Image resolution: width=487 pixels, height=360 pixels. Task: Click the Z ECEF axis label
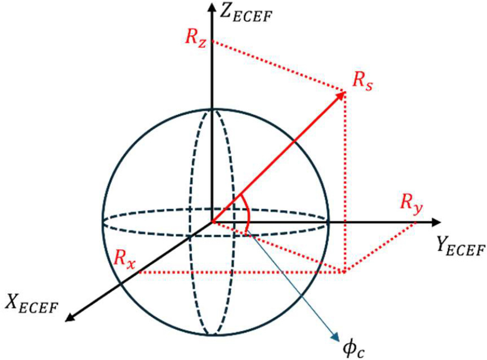click(x=245, y=13)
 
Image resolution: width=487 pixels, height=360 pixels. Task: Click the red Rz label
click(x=196, y=38)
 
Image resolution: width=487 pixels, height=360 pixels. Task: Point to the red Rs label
click(x=363, y=82)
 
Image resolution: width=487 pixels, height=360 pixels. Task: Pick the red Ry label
click(x=411, y=204)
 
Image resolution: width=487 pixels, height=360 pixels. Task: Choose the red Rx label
click(x=124, y=259)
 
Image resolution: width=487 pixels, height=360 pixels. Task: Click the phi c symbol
click(x=353, y=348)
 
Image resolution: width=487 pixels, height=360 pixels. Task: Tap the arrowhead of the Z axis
click(x=212, y=8)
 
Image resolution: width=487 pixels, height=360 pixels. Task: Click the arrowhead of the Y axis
click(x=436, y=222)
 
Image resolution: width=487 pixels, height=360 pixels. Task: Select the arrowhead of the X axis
click(x=71, y=317)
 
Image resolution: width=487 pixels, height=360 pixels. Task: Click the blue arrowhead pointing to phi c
click(x=336, y=338)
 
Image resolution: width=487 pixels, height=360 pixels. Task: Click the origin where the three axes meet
click(x=212, y=222)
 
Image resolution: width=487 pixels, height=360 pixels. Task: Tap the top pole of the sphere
click(x=212, y=109)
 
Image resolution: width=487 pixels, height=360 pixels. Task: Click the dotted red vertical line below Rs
click(x=344, y=182)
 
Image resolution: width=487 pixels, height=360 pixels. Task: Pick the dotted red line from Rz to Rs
click(x=278, y=66)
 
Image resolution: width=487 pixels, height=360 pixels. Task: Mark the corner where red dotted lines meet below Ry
click(x=344, y=272)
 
